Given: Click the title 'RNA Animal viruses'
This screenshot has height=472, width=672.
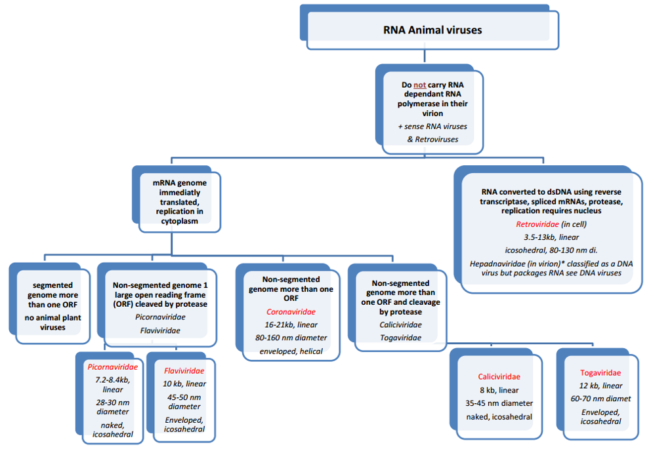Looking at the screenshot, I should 432,30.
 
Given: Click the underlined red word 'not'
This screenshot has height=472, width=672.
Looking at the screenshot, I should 420,85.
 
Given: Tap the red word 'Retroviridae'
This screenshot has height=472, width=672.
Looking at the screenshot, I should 537,224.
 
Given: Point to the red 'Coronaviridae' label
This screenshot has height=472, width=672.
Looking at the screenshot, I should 291,312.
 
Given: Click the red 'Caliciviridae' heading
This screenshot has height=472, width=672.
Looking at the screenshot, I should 499,377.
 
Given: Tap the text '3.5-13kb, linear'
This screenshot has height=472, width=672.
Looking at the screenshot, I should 551,237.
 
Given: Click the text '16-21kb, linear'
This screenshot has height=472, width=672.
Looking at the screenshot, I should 291,325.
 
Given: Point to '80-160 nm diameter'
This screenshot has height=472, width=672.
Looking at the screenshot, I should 291,338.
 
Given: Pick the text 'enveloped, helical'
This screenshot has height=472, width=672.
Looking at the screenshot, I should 291,352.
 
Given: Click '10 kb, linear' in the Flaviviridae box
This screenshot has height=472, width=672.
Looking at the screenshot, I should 184,383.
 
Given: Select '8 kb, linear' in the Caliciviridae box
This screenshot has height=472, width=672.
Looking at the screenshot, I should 499,390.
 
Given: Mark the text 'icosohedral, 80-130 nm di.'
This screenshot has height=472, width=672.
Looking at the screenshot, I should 551,250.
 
